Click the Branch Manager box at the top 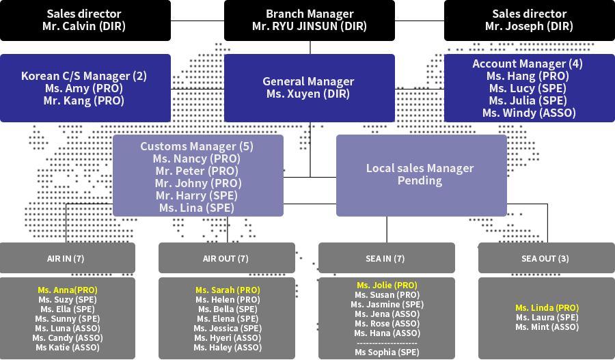point(309,20)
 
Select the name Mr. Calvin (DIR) point(85,27)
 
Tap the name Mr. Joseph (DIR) point(529,27)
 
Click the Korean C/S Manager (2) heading point(84,76)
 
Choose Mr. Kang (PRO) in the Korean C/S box point(84,100)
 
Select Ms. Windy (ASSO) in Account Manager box point(529,113)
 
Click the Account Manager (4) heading point(529,64)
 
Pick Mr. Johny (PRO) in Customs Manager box point(197,183)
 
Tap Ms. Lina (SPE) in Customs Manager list point(197,208)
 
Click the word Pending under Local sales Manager point(420,181)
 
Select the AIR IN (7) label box point(68,258)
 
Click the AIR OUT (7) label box point(227,258)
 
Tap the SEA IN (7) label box point(387,258)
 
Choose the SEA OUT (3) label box point(545,258)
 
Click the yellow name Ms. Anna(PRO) point(68,290)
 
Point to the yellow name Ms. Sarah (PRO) point(227,290)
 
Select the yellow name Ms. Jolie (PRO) point(387,285)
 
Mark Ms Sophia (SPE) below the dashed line point(387,352)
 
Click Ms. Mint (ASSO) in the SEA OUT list point(546,327)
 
